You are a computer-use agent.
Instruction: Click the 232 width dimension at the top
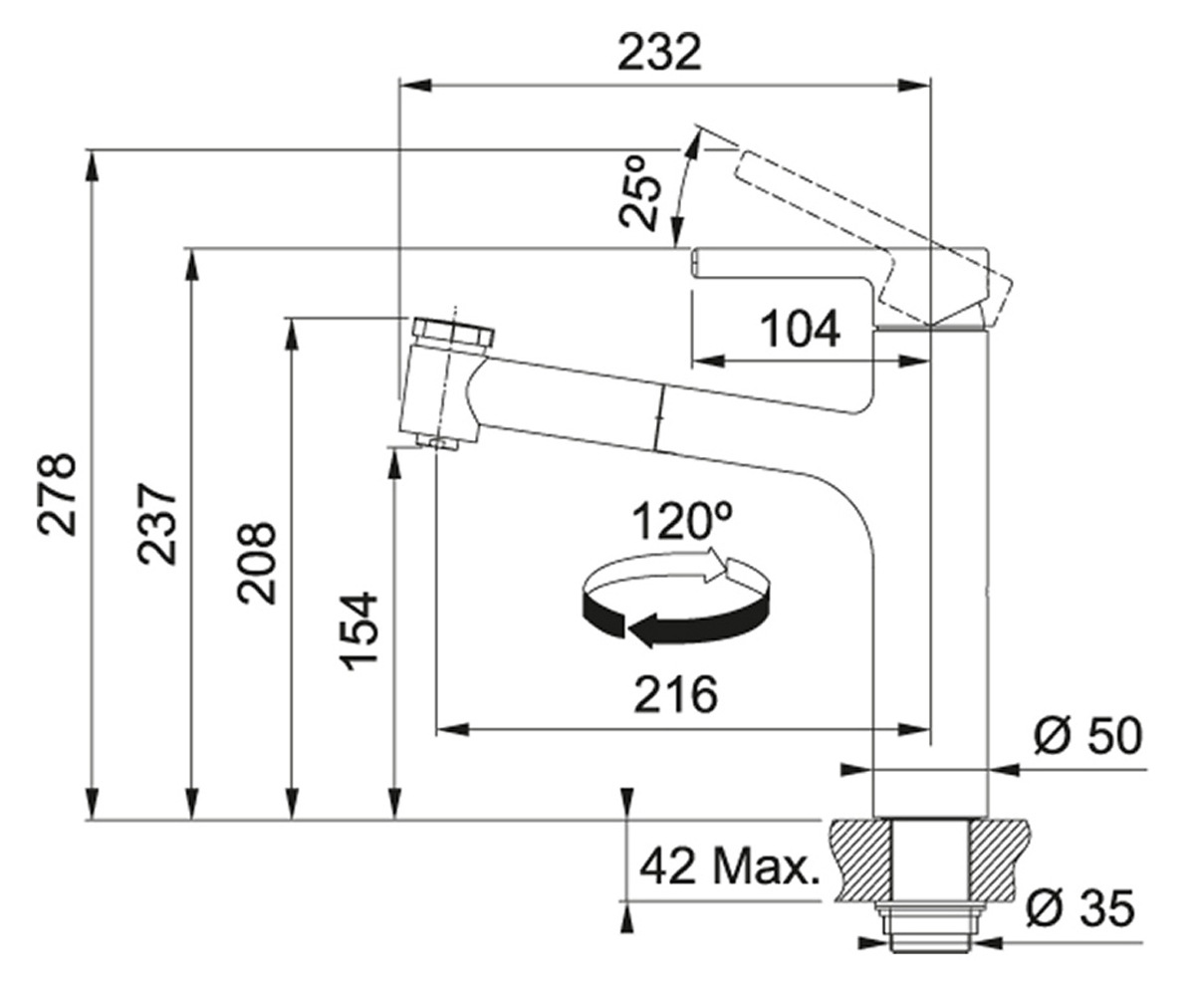point(659,52)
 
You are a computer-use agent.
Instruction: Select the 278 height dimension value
point(57,495)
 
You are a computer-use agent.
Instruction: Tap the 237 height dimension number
point(156,523)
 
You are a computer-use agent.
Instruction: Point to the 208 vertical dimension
point(256,563)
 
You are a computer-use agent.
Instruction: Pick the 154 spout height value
point(358,630)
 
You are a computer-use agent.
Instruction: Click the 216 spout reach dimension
point(675,694)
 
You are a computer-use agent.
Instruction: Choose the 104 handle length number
point(800,329)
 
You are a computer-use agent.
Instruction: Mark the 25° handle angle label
point(640,193)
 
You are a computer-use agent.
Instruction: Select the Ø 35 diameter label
point(1079,907)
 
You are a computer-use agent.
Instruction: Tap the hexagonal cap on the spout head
point(453,332)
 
